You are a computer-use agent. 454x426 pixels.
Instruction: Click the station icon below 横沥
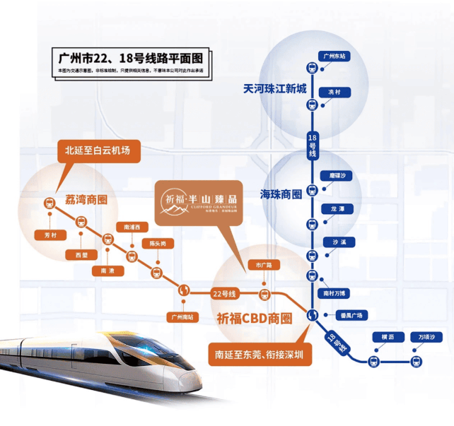click(x=373, y=361)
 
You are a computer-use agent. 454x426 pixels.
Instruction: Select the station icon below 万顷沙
click(x=417, y=361)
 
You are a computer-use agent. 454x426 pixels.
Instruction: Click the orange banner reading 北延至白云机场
click(x=98, y=150)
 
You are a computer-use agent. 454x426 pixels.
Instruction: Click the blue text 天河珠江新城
click(x=275, y=89)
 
